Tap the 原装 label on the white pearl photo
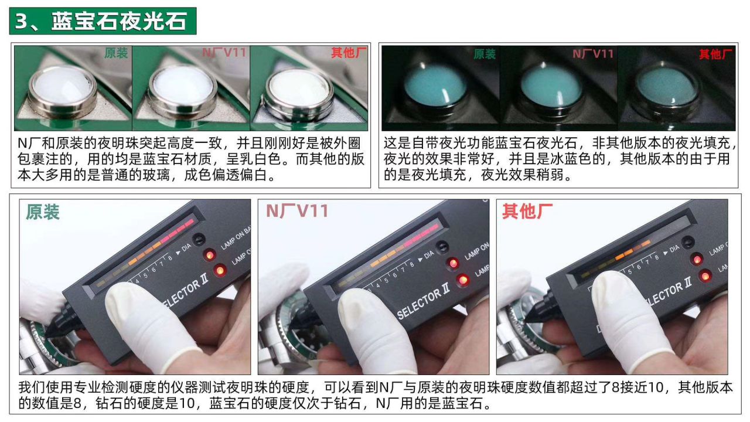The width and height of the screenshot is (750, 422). pyautogui.click(x=115, y=53)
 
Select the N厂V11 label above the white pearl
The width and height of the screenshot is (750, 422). pyautogui.click(x=224, y=53)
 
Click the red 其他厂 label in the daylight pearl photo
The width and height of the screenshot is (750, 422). pyautogui.click(x=349, y=53)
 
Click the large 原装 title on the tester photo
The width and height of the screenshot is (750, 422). pyautogui.click(x=43, y=212)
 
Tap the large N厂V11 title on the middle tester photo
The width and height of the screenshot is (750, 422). pyautogui.click(x=297, y=212)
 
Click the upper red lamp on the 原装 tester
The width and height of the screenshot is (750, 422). pyautogui.click(x=209, y=255)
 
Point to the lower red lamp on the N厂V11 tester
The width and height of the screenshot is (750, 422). pyautogui.click(x=462, y=281)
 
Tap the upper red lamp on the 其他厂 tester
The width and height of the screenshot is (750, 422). pyautogui.click(x=696, y=258)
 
